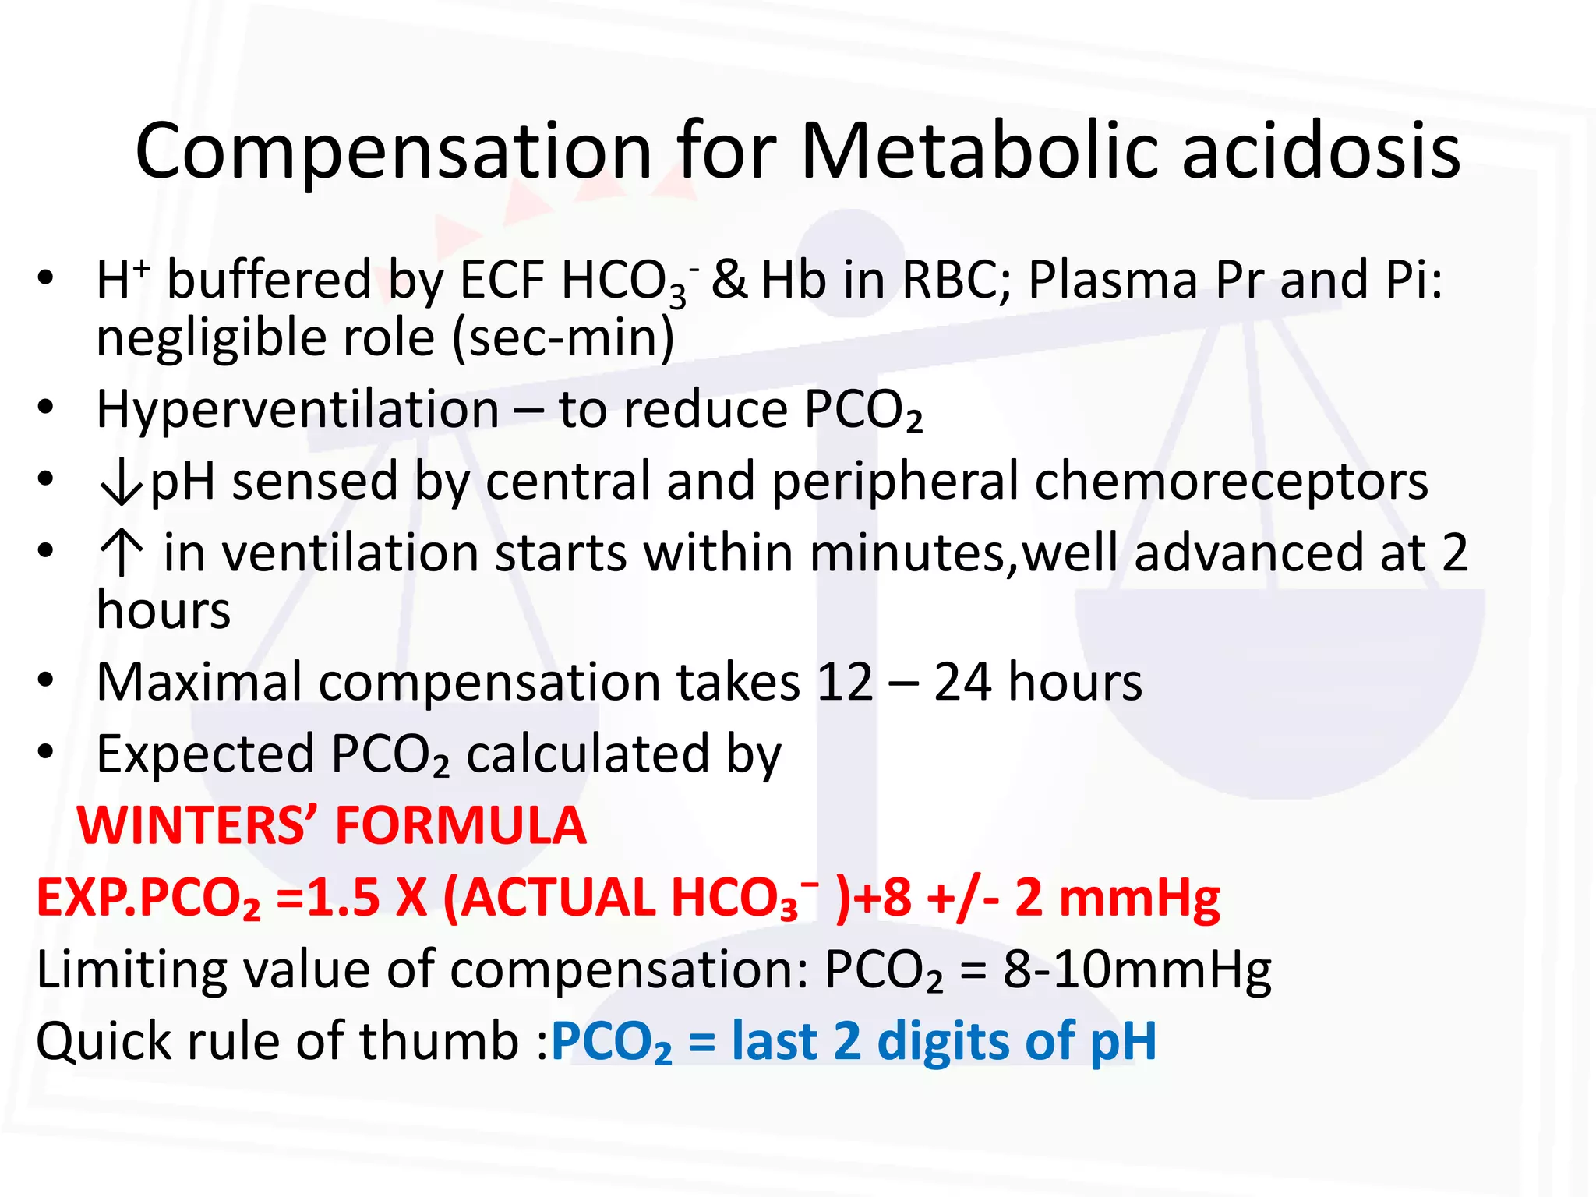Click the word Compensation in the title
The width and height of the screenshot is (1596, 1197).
click(394, 152)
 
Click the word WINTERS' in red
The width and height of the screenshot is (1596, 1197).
click(199, 826)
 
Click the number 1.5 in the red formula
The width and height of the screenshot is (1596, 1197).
click(343, 898)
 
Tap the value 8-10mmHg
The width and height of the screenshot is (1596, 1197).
click(1136, 971)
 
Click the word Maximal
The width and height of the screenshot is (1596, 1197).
click(199, 683)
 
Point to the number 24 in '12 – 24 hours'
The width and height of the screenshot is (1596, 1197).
click(963, 683)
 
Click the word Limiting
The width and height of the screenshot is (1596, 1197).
click(132, 971)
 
